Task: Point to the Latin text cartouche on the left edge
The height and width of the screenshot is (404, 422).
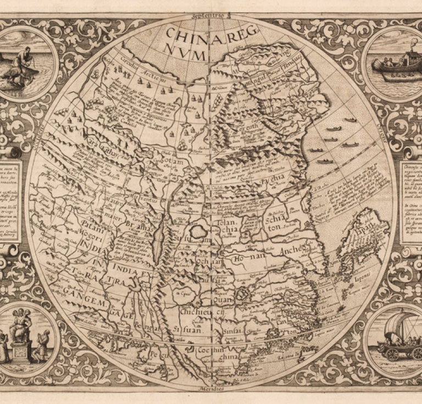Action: coord(11,201)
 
